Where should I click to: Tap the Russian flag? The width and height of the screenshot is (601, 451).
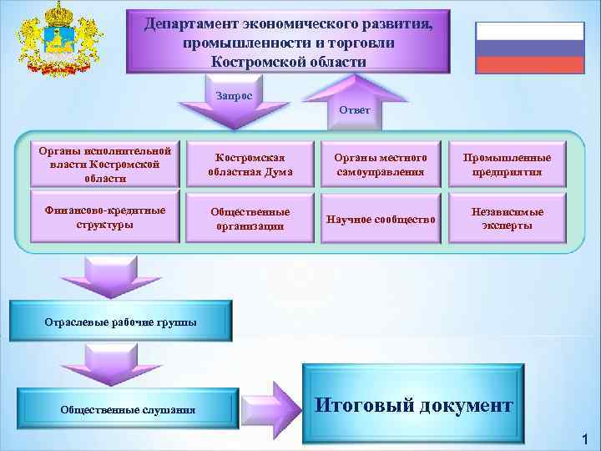pos(529,48)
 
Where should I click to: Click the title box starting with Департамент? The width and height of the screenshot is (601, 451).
pos(288,41)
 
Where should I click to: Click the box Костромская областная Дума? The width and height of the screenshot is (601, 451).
pos(250,165)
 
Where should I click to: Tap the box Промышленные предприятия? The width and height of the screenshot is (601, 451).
pos(512,165)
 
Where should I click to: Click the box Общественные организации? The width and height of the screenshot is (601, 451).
pos(250,220)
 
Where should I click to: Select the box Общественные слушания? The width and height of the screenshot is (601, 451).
pos(128,409)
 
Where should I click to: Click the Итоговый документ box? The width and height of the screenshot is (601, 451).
pos(413,405)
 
